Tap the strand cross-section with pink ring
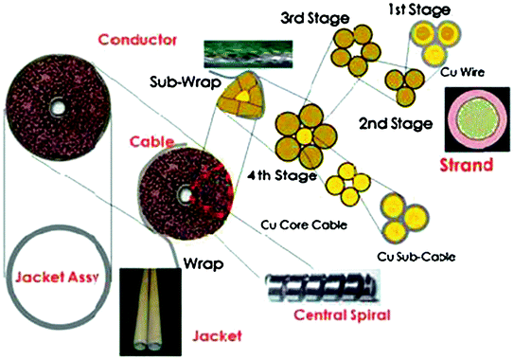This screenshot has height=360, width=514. click(475, 122)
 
